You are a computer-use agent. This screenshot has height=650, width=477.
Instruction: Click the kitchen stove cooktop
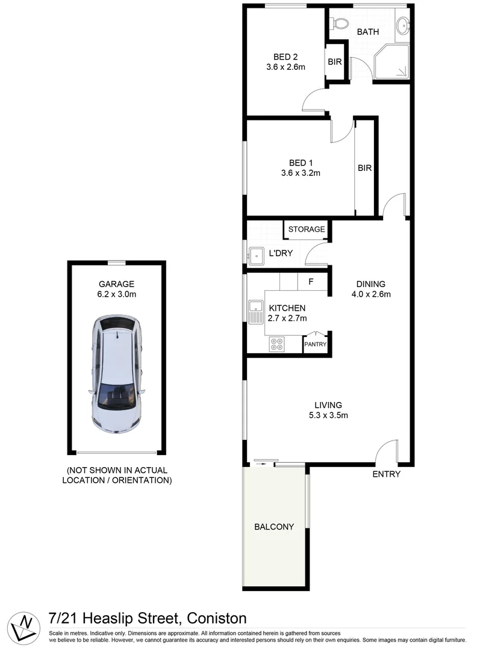coord(277,344)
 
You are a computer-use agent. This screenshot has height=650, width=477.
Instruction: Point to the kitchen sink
coord(254,311)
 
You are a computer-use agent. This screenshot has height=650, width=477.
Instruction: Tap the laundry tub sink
coord(255,256)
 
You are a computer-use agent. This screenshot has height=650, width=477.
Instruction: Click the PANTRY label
coord(315,345)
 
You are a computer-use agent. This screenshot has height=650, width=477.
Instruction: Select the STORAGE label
coord(306,229)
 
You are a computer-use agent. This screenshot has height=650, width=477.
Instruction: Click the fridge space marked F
coord(311,281)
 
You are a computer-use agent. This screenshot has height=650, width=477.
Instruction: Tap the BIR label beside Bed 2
coord(335,61)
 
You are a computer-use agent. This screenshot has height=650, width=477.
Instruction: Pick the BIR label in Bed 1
coord(365,169)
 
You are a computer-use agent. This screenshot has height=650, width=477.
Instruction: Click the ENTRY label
coord(386,474)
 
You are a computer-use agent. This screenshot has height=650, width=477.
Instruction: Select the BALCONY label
coord(274,527)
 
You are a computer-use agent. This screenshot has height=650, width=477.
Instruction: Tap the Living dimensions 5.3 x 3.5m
coord(328,415)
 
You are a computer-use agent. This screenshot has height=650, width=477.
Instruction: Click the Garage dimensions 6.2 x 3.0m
coord(117,294)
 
